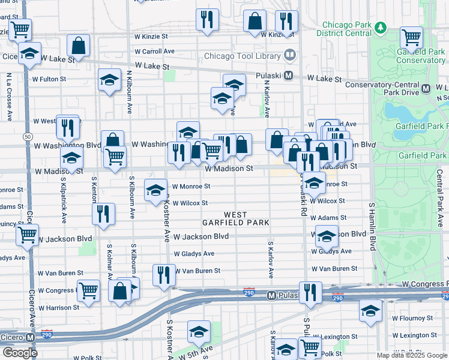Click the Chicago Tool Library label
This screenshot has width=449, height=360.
click(x=242, y=56)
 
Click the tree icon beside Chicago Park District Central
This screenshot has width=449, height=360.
click(x=380, y=28)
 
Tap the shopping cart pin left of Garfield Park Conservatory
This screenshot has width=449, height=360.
click(x=411, y=37)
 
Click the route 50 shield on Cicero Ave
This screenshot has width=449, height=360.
click(x=28, y=137)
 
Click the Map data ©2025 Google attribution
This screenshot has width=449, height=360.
click(x=412, y=355)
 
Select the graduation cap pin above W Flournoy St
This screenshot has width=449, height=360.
click(x=370, y=310)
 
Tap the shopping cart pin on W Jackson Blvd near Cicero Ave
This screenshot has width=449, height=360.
click(x=27, y=235)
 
